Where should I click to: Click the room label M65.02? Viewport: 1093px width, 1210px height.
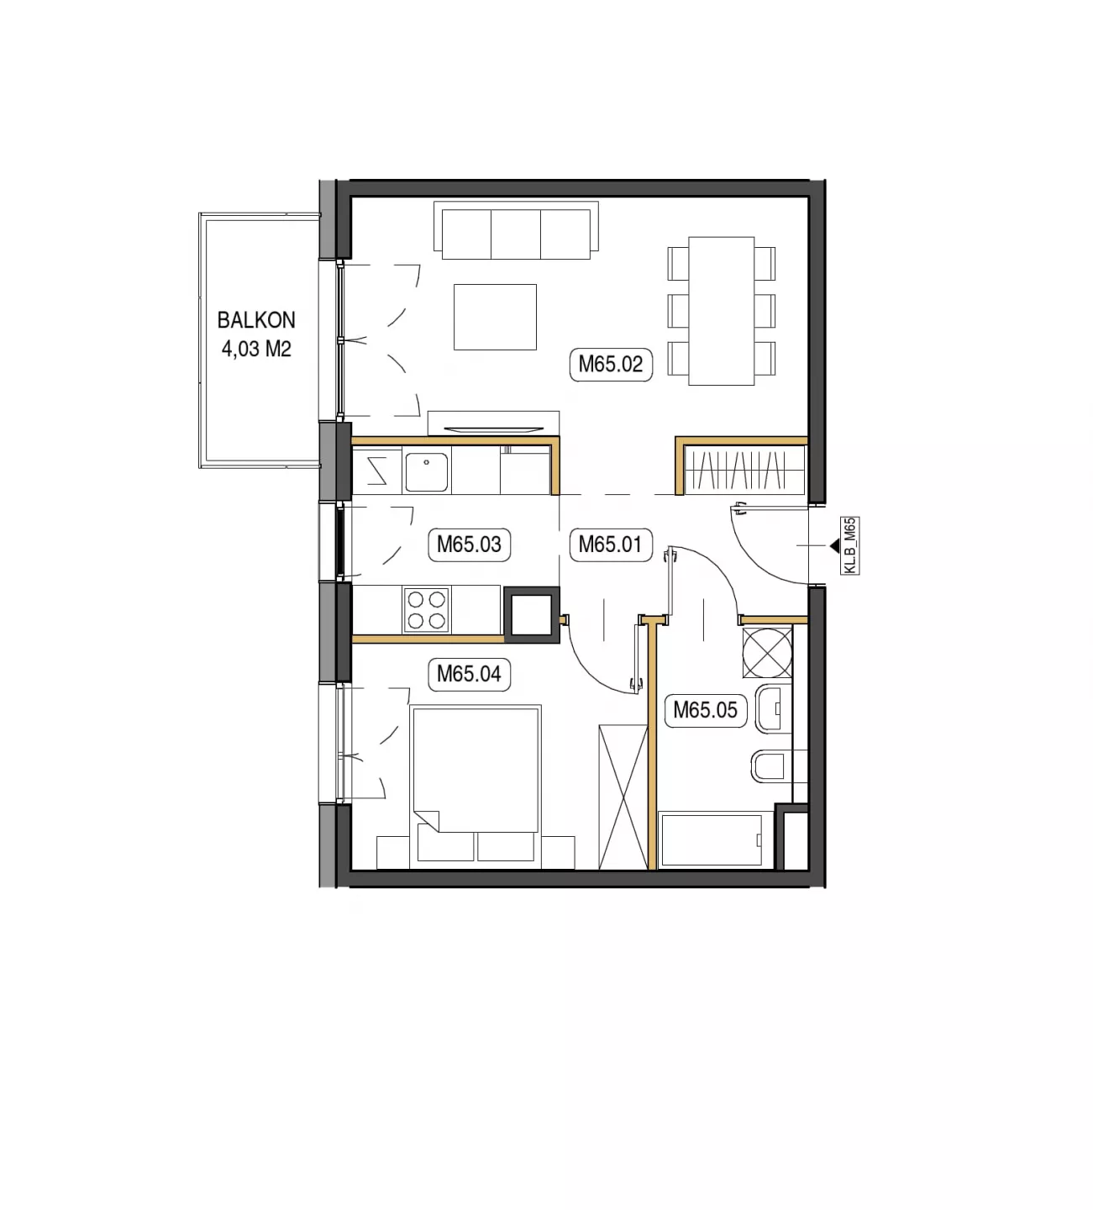click(x=611, y=365)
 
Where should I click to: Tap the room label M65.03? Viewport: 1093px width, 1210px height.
click(x=469, y=544)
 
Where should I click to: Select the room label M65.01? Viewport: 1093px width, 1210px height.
click(x=611, y=544)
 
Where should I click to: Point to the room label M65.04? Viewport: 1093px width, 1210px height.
click(x=469, y=674)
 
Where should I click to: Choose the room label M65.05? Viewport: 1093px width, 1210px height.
click(x=705, y=710)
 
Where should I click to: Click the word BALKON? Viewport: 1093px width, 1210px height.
click(x=256, y=320)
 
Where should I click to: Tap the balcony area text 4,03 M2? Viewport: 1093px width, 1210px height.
click(x=256, y=350)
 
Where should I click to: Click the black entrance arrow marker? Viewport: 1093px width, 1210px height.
click(x=835, y=546)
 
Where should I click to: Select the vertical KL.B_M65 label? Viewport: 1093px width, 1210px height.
click(x=850, y=545)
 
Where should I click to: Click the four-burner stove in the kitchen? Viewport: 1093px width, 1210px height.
click(x=427, y=610)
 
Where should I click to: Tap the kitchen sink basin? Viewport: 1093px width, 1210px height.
click(x=427, y=472)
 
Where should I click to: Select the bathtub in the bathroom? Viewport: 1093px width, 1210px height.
click(x=711, y=840)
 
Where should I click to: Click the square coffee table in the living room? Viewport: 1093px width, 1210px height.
click(x=495, y=318)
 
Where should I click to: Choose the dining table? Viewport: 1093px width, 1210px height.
click(x=722, y=311)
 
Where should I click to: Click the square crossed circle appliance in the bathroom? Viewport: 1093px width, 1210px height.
click(x=767, y=653)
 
